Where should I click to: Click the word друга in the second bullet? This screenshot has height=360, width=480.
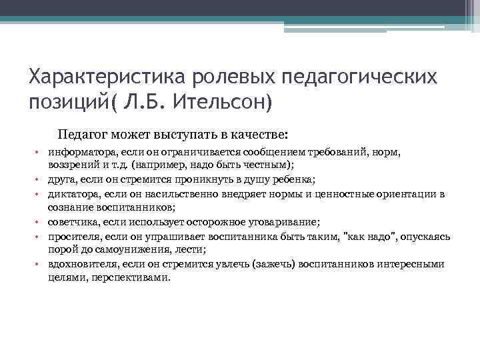coord(61,179)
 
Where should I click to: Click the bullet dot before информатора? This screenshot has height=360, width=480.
coord(40,153)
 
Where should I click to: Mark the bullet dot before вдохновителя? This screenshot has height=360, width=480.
coord(40,263)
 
